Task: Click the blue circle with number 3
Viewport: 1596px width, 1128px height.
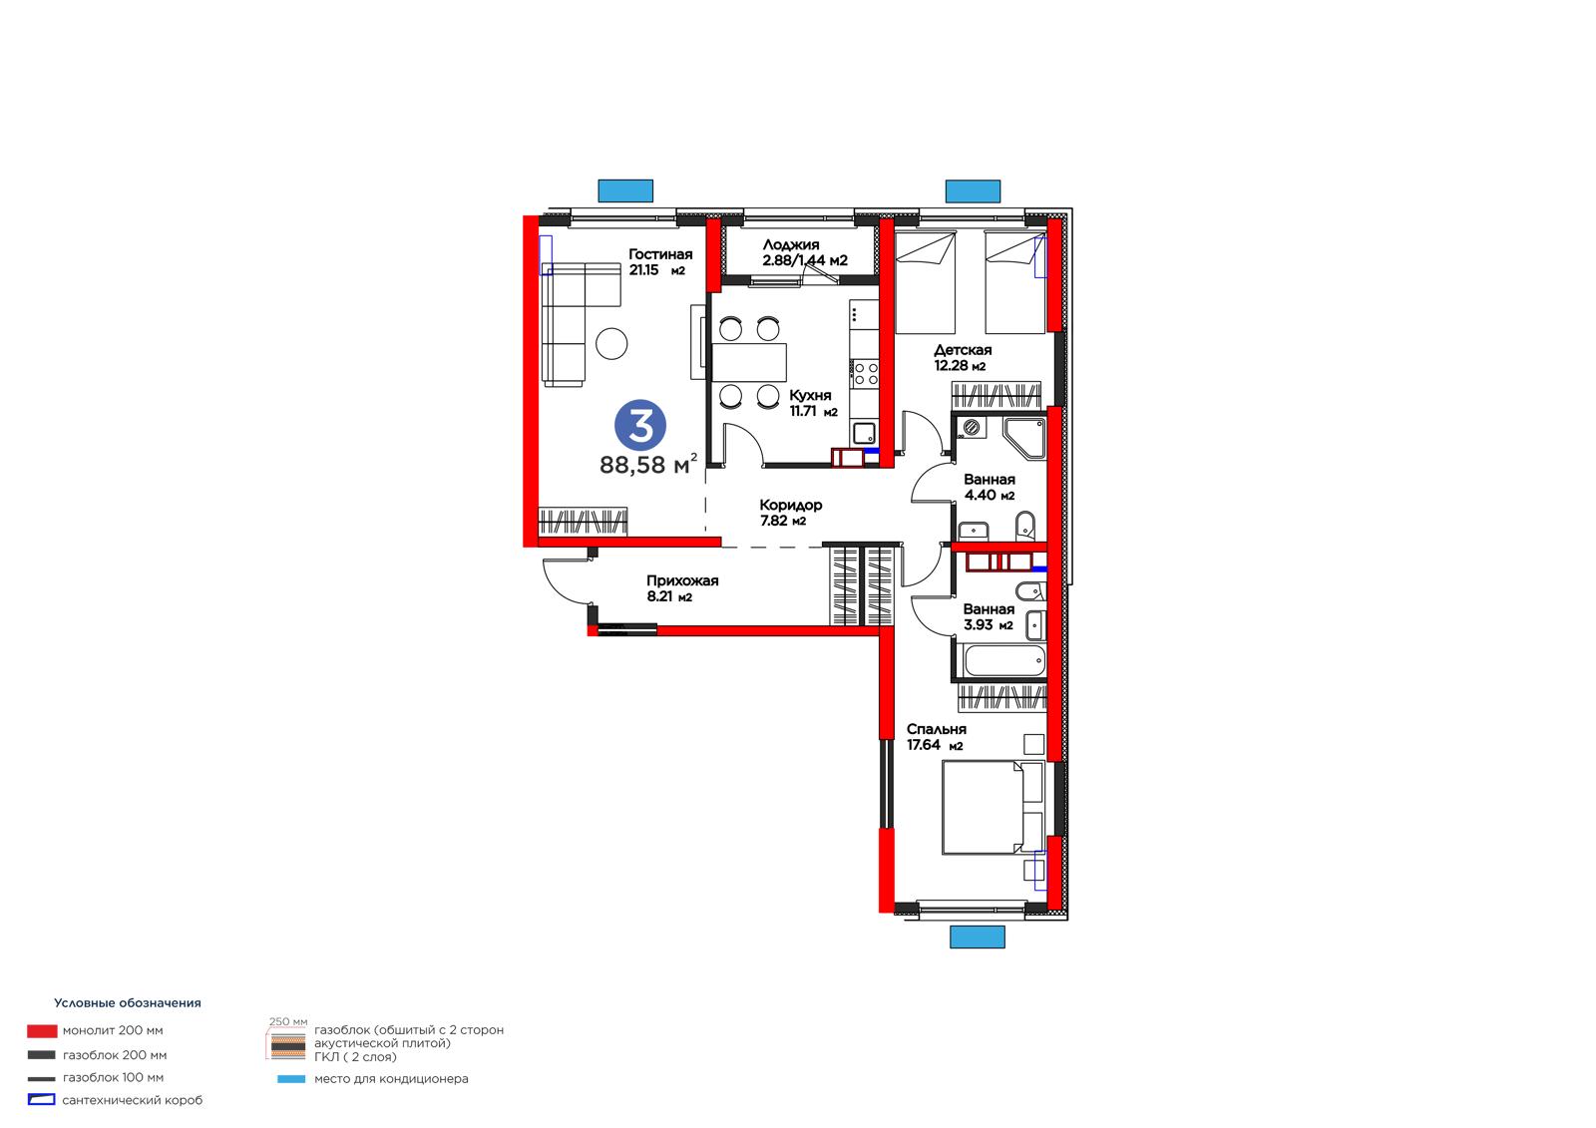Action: (639, 425)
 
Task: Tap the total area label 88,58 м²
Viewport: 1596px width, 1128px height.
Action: (647, 464)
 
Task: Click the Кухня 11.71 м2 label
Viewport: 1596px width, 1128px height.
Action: (813, 403)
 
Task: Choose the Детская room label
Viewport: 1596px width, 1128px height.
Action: (963, 358)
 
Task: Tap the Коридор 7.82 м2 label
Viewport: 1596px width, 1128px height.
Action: (790, 513)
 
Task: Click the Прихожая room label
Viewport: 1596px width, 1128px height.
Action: (682, 588)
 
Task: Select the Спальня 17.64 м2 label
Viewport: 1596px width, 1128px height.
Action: (937, 737)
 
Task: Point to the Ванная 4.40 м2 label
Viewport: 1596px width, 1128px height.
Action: (989, 488)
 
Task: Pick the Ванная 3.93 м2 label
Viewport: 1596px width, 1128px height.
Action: (989, 617)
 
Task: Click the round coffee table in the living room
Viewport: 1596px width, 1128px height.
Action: (611, 343)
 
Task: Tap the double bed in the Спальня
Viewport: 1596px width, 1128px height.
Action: (993, 807)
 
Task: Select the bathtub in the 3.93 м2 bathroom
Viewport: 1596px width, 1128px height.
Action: (1003, 660)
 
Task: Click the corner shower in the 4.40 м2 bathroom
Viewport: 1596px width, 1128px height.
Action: (1024, 438)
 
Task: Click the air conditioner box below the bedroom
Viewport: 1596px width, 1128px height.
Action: (977, 938)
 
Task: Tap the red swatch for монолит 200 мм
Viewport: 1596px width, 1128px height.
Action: (42, 1030)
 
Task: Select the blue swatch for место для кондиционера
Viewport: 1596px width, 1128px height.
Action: (290, 1079)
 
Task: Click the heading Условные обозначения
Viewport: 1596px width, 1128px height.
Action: (128, 1003)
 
